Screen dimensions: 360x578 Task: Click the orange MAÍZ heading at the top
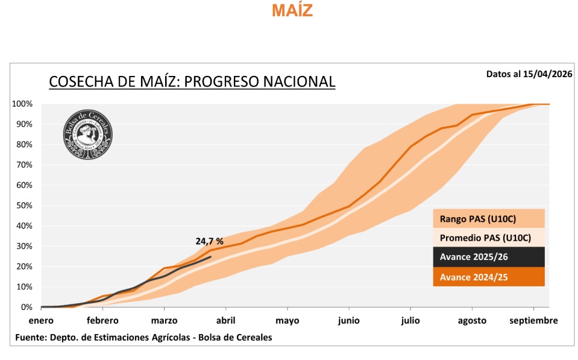click(292, 10)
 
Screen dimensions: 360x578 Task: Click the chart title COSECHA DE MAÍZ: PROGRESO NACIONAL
click(192, 81)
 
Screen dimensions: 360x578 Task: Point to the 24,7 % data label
click(209, 241)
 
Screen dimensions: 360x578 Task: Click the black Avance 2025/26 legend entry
click(474, 257)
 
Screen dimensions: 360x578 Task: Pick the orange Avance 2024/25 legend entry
click(474, 277)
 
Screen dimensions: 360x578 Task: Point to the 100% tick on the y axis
click(22, 104)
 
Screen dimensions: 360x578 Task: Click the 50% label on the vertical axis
click(25, 206)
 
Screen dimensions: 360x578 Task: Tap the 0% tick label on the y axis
click(27, 308)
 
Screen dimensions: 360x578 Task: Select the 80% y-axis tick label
click(25, 145)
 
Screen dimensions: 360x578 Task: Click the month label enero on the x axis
click(41, 320)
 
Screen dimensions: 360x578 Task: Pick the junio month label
click(349, 320)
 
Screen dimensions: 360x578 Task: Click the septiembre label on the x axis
click(533, 320)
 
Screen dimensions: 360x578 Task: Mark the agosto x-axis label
click(472, 320)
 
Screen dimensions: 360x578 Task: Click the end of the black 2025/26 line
click(211, 257)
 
